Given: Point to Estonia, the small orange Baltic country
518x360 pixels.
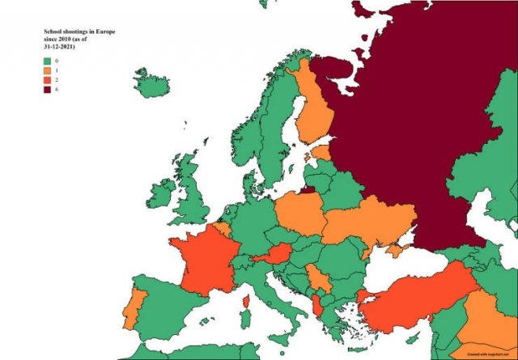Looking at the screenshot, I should click(321, 152).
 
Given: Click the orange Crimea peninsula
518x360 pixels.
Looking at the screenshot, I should click(394, 252).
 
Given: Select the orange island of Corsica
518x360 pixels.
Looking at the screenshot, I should click(245, 302).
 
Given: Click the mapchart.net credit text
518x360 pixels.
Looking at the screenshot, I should click(486, 353).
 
